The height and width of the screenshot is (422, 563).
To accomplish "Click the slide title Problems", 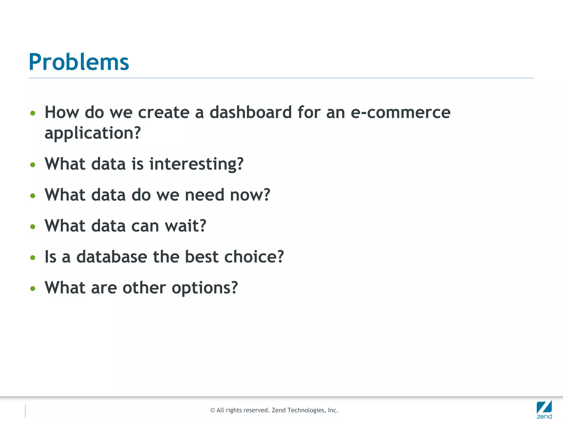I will coord(79,62).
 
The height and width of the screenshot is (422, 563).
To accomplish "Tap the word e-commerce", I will coord(401,113).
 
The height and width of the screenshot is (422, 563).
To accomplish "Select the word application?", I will coord(93,133).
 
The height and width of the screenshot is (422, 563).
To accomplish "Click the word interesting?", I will coord(196,164).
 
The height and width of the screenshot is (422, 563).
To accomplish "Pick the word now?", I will coord(250,195).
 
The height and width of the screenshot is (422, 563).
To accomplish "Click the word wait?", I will coord(185,226).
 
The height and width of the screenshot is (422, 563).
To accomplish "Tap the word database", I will coord(112,257).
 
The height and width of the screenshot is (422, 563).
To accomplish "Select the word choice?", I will coord(254,257).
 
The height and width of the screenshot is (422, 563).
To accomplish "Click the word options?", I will coord(205,288).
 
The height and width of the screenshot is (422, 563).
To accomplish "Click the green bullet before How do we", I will coord(33,113).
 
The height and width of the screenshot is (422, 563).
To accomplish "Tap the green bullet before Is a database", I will coord(33,258).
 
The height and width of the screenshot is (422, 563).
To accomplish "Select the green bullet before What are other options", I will coord(33,288).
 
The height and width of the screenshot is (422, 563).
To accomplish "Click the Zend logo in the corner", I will coord(544,409).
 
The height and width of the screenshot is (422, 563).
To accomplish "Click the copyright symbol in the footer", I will coord(212,410).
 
